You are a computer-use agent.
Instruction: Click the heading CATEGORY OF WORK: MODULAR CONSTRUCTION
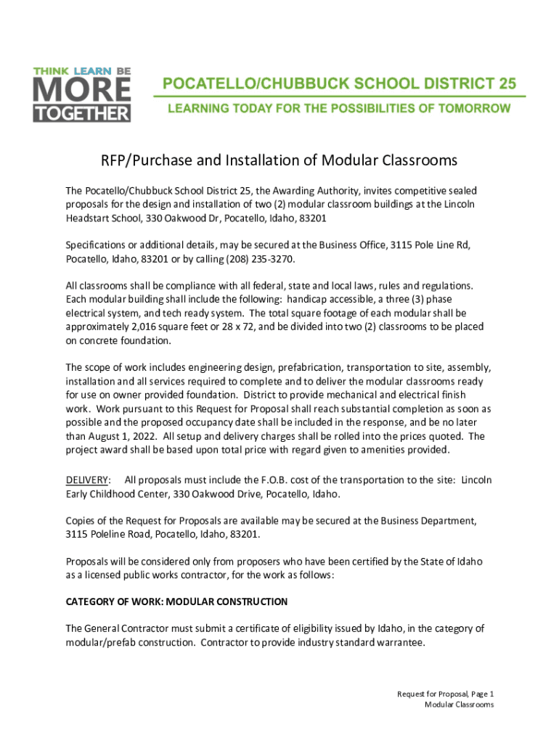[176, 602]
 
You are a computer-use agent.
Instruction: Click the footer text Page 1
[479, 694]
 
